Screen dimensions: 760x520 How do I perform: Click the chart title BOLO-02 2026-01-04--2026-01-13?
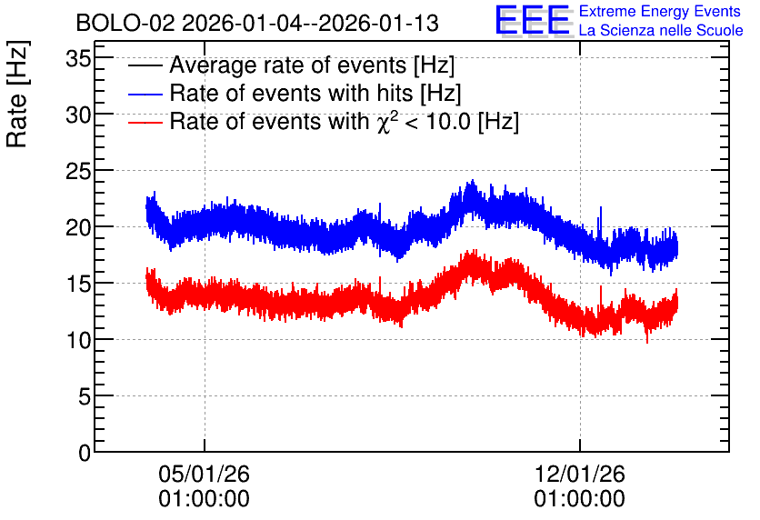257,23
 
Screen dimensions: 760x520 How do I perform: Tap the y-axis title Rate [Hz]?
17,94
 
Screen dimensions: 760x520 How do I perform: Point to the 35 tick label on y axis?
78,59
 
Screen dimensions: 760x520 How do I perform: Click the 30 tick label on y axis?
78,115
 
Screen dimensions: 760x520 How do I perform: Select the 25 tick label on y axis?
78,172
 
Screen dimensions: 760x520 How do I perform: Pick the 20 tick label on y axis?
78,228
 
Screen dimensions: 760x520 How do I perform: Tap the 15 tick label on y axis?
78,284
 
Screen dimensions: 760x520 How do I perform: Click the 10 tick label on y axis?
78,340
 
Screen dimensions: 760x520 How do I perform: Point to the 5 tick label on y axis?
85,397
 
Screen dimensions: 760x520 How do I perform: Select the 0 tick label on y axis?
85,453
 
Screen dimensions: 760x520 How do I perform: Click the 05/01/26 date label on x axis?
204,474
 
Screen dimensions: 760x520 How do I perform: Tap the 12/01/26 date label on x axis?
580,474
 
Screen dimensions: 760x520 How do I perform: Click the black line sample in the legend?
145,65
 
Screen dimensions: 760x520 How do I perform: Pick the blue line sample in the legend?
145,94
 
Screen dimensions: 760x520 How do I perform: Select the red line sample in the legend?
145,122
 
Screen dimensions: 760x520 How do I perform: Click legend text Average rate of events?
288,65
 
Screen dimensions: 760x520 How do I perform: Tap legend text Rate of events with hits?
291,93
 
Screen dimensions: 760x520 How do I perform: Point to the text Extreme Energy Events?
660,11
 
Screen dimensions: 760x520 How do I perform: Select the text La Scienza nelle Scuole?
661,30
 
